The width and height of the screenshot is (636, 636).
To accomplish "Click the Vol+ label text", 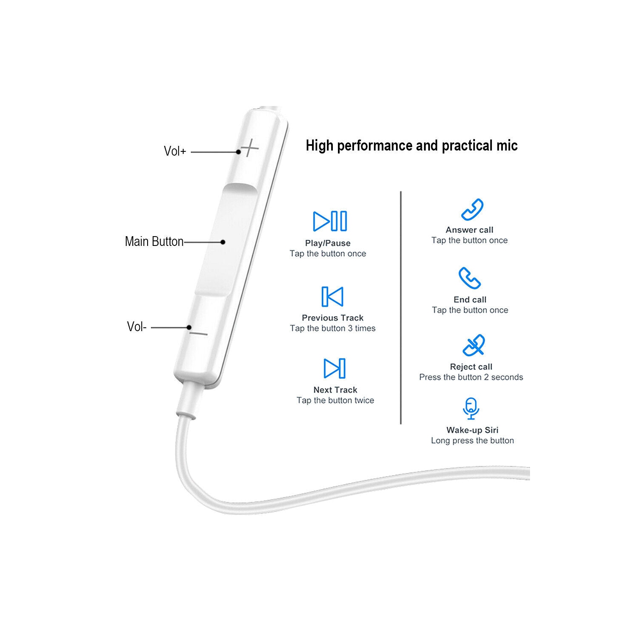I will click(x=175, y=151).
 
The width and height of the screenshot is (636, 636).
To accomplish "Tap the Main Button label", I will click(x=154, y=242).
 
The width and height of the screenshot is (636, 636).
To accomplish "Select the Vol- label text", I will click(x=137, y=326).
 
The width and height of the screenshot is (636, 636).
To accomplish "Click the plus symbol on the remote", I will click(x=250, y=148).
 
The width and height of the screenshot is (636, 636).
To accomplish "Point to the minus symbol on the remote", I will click(x=198, y=334).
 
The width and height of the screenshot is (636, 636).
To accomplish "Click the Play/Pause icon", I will click(x=330, y=221).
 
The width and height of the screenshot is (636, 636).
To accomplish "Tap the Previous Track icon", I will click(x=332, y=296).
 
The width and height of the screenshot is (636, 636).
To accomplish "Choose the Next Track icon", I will click(x=335, y=368).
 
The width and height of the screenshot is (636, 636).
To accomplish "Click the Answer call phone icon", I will click(x=472, y=209).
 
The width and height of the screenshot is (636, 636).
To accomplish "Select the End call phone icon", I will click(x=469, y=278).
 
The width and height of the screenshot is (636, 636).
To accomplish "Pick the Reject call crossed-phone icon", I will click(x=474, y=345).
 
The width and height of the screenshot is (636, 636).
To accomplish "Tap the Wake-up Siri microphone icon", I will click(x=471, y=408).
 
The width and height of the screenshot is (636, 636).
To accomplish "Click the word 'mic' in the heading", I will click(x=507, y=146).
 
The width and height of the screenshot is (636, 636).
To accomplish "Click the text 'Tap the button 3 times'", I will click(x=333, y=328).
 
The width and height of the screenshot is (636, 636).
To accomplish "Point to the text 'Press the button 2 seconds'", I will click(x=471, y=377).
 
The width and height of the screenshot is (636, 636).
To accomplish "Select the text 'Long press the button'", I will click(x=472, y=441).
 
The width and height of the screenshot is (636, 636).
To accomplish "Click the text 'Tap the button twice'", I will click(x=335, y=400).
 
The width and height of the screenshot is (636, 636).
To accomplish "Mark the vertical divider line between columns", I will click(x=401, y=307).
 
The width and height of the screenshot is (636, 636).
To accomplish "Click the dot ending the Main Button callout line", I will click(x=223, y=242).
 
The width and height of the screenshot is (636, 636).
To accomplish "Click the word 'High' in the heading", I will click(x=320, y=146).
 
